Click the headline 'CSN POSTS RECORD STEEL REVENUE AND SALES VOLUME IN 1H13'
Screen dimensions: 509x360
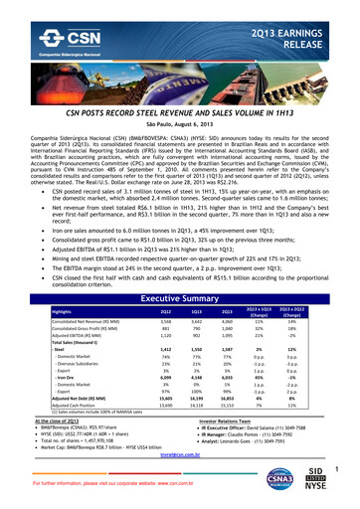pyautogui.click(x=180, y=85)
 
